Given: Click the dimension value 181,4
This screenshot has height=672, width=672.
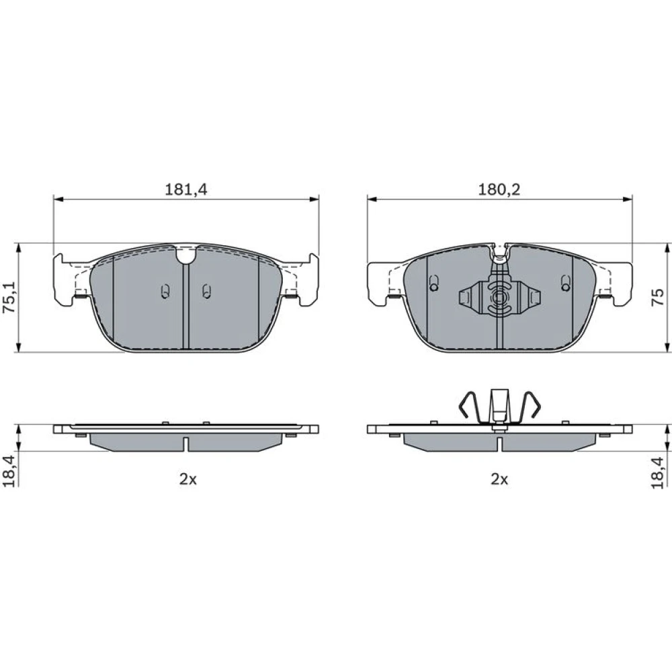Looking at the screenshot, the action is [186, 189].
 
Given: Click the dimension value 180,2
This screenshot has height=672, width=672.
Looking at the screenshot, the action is [499, 189].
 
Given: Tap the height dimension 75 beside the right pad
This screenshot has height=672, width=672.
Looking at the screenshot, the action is [657, 297].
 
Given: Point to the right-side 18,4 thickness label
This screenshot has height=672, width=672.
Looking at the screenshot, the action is [657, 472].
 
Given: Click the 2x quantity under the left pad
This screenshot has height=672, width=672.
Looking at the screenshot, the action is [187, 479].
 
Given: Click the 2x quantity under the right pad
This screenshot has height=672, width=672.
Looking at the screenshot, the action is [499, 479].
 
